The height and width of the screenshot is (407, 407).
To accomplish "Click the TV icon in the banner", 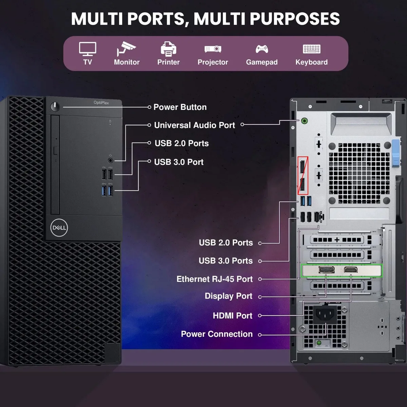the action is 88,49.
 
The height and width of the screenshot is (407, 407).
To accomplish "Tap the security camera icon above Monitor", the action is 126,49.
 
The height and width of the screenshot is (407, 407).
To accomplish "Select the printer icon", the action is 168,49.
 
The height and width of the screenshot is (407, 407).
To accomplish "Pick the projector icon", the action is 213,49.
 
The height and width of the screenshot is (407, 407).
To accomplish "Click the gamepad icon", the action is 262,49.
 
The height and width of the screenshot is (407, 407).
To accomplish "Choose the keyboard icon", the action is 312,49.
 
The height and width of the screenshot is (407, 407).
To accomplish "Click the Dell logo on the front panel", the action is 59,228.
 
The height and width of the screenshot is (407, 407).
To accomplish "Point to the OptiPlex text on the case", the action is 101,103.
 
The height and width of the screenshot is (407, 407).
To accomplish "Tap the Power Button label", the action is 180,107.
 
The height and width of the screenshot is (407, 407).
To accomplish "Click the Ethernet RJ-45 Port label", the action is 215,279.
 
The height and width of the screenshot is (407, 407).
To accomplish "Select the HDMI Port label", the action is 233,315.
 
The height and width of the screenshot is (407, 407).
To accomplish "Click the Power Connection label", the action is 217,334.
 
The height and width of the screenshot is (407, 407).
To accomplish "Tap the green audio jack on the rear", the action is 304,121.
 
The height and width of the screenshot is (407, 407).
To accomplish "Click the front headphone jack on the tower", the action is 110,160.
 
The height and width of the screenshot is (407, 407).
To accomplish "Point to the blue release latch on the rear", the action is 396,153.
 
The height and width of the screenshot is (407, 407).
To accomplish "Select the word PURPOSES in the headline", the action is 295,19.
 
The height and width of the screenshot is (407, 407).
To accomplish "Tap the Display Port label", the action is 229,296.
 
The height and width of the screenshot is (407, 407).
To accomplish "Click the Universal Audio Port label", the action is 195,125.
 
